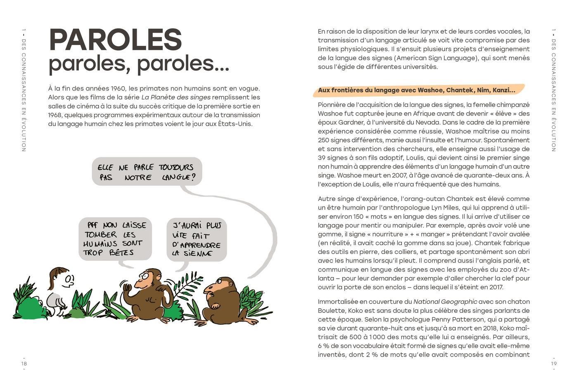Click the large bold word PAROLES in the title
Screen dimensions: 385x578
pyautogui.click(x=115, y=40)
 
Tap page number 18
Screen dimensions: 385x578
pyautogui.click(x=24, y=364)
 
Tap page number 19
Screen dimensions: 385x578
pyautogui.click(x=554, y=364)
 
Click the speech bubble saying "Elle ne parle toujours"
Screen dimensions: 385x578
pyautogui.click(x=147, y=172)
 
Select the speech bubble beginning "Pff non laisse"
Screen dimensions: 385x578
pyautogui.click(x=115, y=239)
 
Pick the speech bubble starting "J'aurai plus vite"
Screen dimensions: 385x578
pyautogui.click(x=197, y=239)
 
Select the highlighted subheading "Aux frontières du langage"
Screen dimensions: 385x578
pyautogui.click(x=416, y=90)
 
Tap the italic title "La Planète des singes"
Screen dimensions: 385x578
pyautogui.click(x=176, y=97)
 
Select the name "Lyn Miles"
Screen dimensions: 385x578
pyautogui.click(x=446, y=208)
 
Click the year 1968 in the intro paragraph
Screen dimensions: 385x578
pyautogui.click(x=55, y=115)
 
